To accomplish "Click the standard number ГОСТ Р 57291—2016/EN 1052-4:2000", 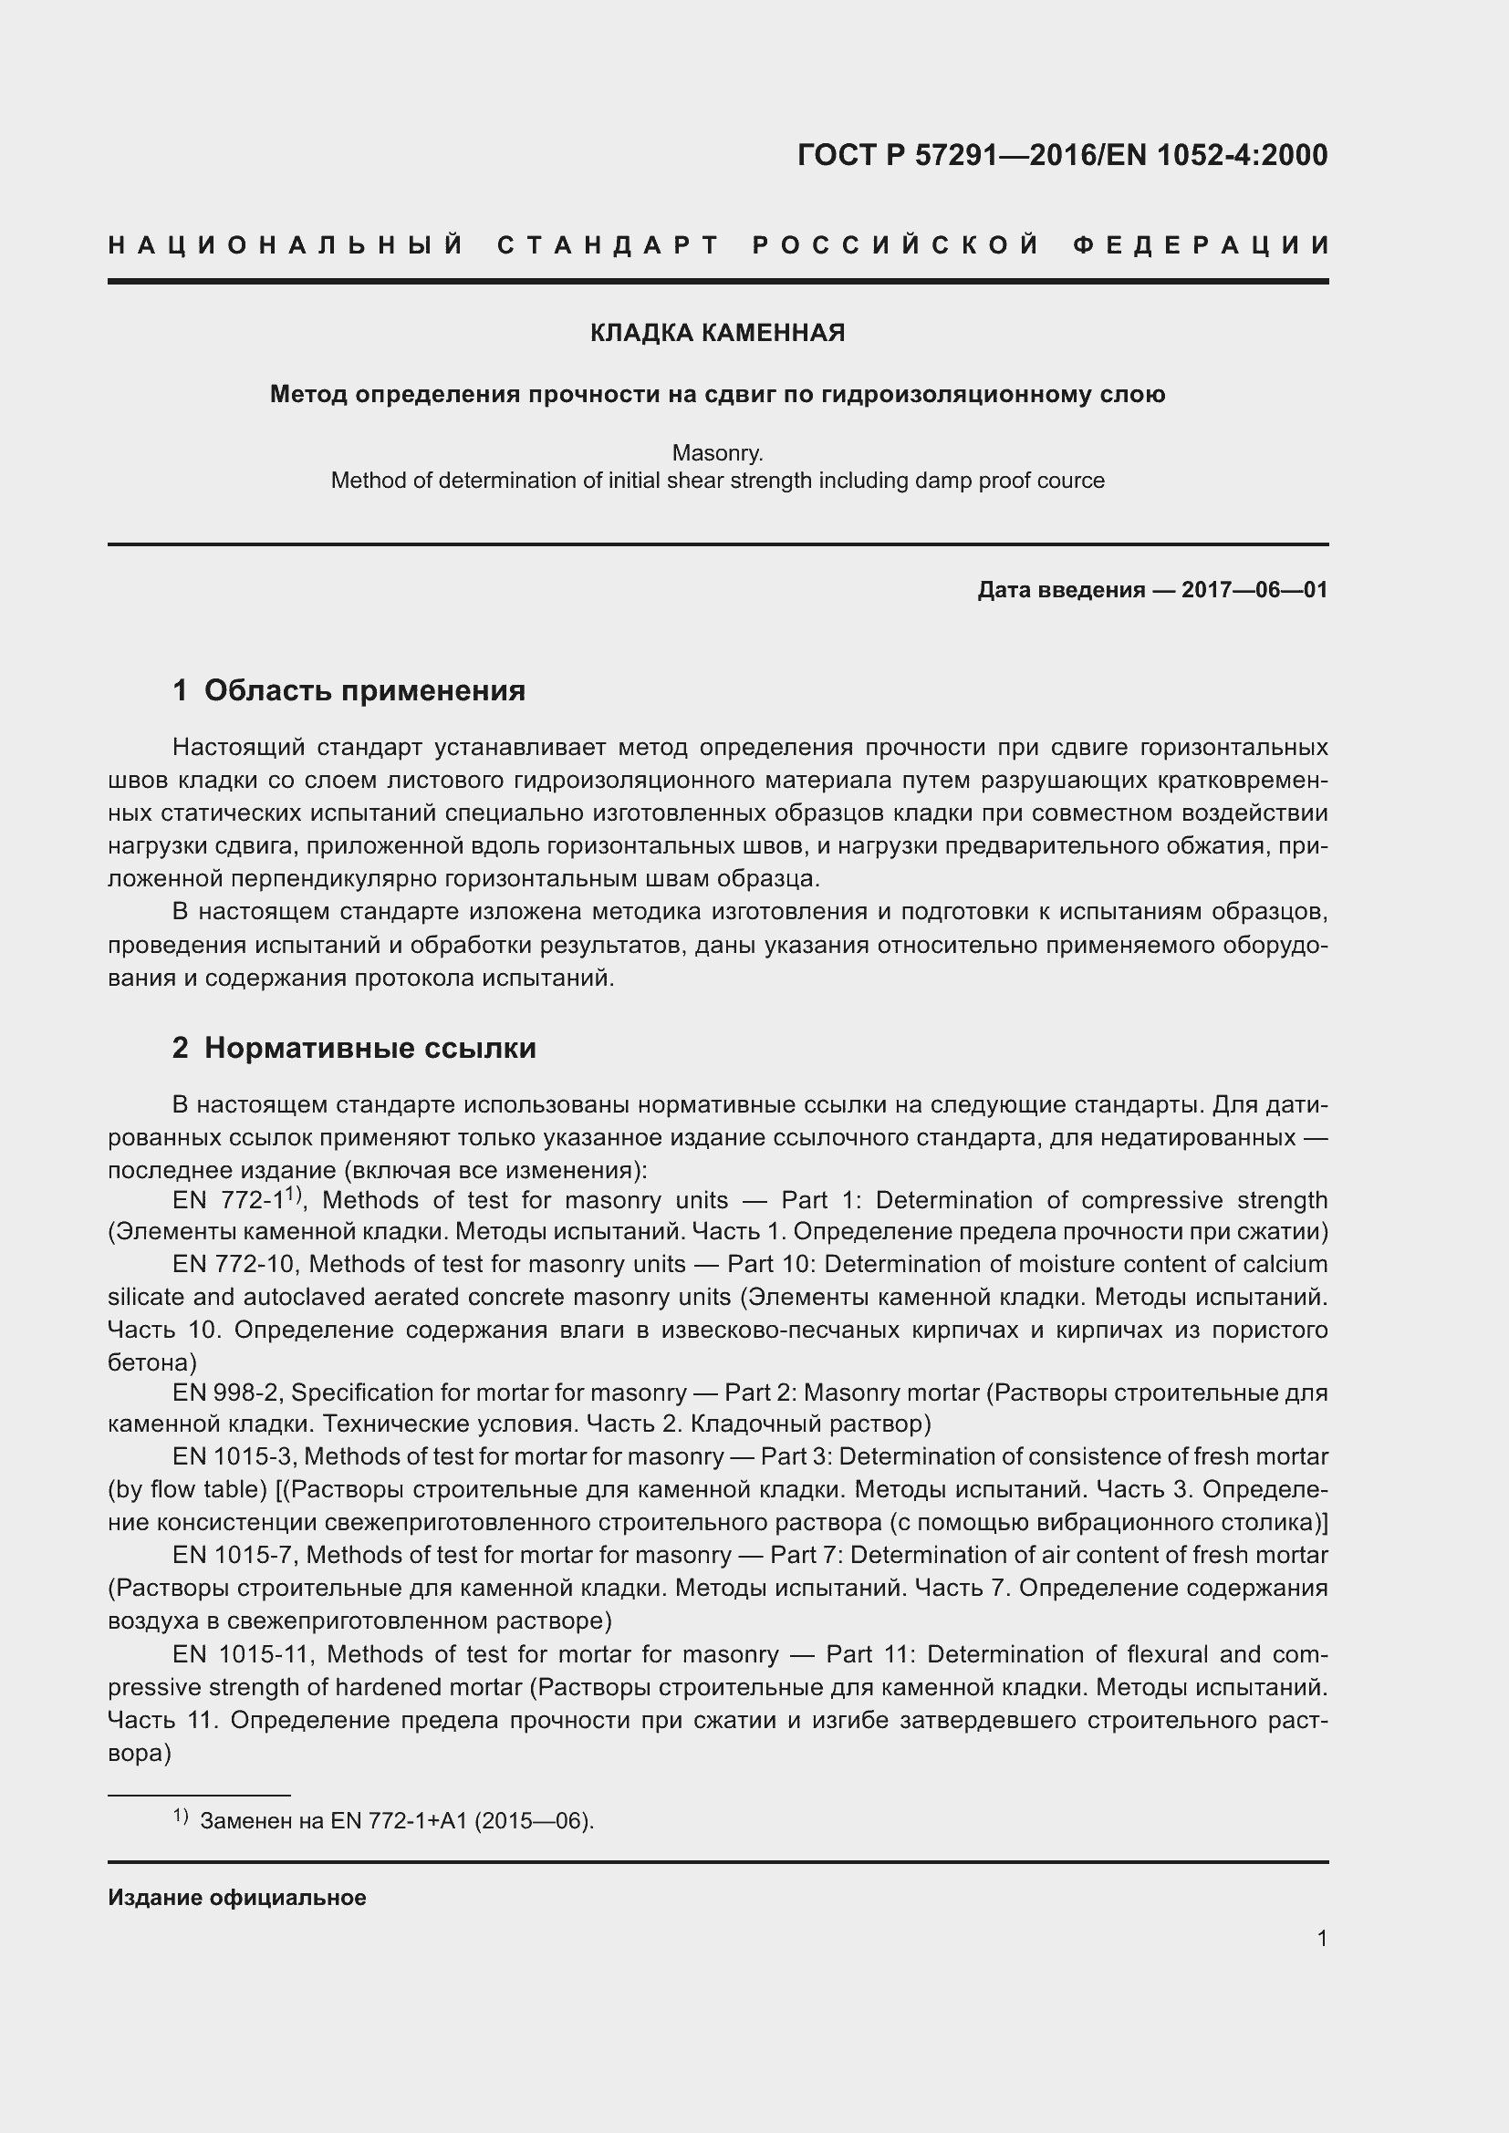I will pos(1062,155).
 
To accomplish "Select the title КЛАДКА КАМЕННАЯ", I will pos(717,333).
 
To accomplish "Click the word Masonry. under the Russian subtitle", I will pos(717,453).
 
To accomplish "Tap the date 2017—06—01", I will pos(1254,590).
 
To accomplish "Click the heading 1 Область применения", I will pos(349,690).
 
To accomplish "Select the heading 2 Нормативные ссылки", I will pos(354,1048).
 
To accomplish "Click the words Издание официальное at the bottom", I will pos(237,1898).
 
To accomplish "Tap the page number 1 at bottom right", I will pos(1321,1939).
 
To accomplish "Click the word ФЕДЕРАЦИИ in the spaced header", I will pos(1202,245).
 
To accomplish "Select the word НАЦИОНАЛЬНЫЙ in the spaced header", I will pos(286,245).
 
